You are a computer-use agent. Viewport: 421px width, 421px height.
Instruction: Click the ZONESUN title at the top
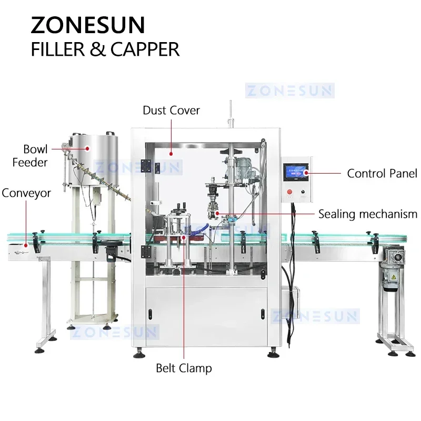(x=88, y=25)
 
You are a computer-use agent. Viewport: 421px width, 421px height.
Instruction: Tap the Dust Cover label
(x=172, y=111)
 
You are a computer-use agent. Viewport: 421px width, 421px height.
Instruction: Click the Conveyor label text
(x=26, y=193)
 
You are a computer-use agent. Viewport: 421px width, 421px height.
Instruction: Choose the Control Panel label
(x=382, y=173)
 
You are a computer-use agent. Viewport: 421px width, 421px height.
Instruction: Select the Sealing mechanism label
(x=367, y=214)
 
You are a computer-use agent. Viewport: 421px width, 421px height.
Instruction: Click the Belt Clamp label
(x=184, y=368)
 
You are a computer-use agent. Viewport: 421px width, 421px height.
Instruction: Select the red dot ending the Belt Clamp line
(x=184, y=237)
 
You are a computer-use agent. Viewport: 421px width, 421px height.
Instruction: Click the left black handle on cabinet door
(x=149, y=315)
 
